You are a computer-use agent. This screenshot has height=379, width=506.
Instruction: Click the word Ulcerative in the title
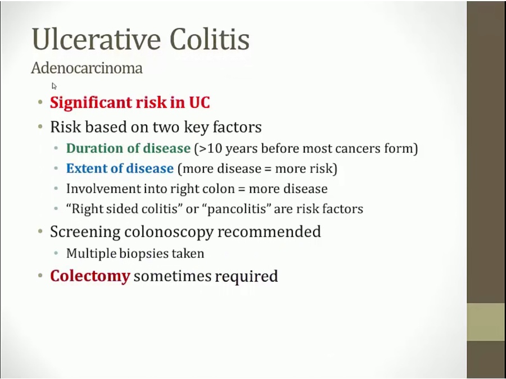96,39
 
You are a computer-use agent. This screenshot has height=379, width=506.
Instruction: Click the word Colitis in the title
210,39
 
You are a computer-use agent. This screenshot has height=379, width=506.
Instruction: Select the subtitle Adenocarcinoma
87,68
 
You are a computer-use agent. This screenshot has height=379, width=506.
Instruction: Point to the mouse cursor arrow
54,86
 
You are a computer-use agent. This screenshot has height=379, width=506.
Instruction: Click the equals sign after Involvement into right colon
241,189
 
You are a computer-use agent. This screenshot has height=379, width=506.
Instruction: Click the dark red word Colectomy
90,276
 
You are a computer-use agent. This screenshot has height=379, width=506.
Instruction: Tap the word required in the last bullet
246,277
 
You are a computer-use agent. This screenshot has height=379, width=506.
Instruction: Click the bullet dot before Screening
40,231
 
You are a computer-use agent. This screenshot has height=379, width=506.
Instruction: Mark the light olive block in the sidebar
486,322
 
